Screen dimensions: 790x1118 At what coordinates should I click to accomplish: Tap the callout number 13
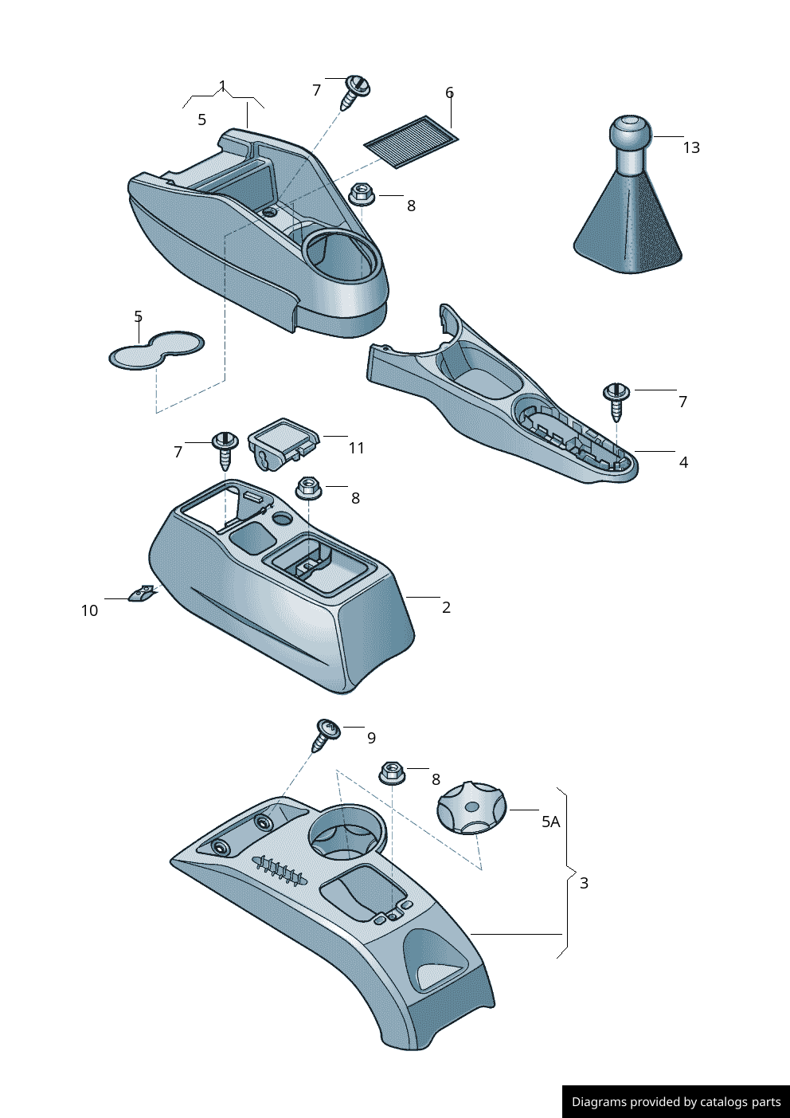point(691,147)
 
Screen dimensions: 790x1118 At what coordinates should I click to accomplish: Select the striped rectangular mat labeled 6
point(412,143)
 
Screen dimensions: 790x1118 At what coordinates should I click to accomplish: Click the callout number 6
point(449,92)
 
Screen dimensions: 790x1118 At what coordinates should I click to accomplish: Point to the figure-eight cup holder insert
point(157,350)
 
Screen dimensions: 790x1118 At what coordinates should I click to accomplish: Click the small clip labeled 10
point(142,593)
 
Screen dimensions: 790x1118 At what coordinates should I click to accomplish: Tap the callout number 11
point(356,448)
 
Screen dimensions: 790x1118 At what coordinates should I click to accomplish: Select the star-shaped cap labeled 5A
point(471,807)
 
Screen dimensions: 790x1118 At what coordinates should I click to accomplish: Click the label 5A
point(550,822)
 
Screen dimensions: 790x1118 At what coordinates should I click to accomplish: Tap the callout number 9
point(371,738)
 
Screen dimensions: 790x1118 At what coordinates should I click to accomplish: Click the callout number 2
point(447,607)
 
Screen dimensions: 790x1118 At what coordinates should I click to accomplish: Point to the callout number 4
point(683,463)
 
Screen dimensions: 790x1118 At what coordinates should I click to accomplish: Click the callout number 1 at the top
point(222,85)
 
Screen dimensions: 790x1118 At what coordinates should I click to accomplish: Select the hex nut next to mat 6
point(362,194)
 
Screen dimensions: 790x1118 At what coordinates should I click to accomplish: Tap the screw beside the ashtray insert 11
point(225,449)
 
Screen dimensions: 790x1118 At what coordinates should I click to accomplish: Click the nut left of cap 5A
point(392,773)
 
